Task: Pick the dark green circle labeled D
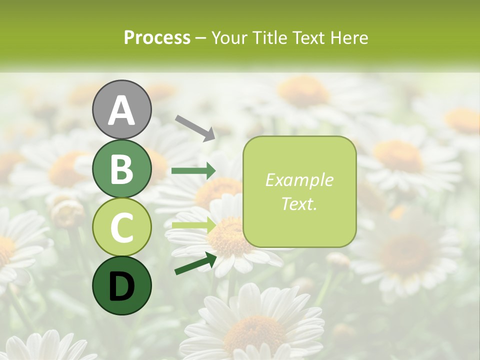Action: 121,286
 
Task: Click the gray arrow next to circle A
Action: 195,127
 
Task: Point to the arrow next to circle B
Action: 193,171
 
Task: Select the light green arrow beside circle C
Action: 193,225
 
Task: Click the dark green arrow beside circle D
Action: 195,264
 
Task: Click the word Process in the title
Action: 157,37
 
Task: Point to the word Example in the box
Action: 299,180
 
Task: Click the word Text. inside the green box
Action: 299,203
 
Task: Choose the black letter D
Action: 121,286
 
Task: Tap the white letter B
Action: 121,169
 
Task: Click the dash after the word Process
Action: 201,38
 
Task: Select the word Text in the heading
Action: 308,37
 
